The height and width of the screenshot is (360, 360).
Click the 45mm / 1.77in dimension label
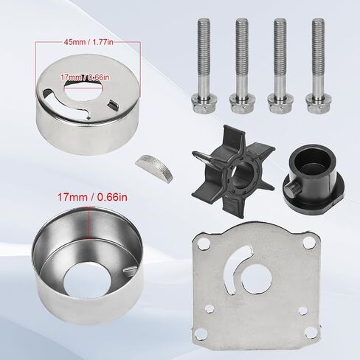pos(89,42)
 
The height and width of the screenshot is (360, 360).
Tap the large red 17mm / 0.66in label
pos(92,197)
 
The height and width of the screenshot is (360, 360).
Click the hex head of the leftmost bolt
pos(204,105)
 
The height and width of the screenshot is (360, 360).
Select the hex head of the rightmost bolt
pos(319,105)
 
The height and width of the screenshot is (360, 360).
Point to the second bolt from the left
pos(242,66)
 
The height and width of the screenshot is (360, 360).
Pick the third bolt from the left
pos(280,66)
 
